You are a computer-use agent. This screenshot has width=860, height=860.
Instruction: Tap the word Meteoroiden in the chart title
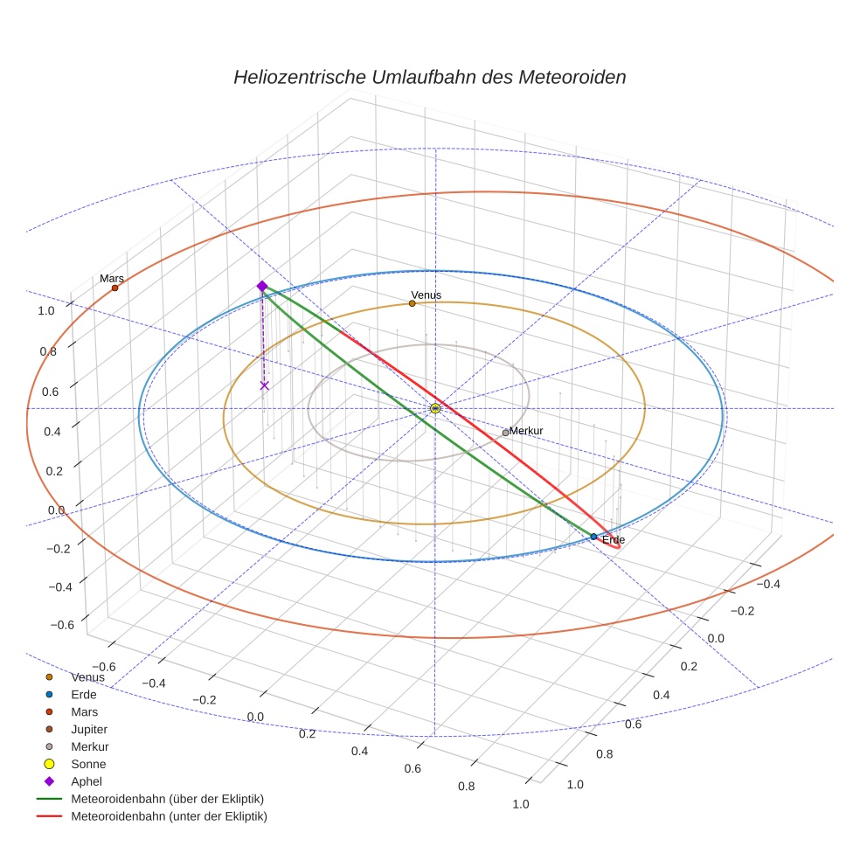coord(572,77)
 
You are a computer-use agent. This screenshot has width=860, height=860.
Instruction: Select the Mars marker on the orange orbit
coord(114,288)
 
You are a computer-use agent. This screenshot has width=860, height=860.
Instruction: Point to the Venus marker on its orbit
coord(412,303)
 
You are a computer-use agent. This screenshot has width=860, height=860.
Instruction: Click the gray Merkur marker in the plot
coord(505,433)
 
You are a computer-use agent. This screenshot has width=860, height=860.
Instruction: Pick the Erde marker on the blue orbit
coord(593,537)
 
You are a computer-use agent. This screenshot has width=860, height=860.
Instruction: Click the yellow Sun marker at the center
coord(435,408)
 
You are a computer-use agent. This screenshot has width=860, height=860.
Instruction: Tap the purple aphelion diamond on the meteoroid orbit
coord(261,286)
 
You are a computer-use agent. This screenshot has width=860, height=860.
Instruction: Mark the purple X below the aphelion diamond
coord(265,385)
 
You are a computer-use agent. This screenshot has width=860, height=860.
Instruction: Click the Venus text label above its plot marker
coord(426,295)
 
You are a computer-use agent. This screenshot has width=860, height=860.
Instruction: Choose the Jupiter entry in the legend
coord(89,729)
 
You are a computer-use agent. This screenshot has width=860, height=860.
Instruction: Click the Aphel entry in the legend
coord(87,781)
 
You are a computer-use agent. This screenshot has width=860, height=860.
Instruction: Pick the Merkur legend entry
coord(89,746)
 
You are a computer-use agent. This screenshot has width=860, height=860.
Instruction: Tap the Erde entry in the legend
coord(84,694)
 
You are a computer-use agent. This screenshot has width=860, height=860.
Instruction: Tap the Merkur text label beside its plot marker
coord(526,431)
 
